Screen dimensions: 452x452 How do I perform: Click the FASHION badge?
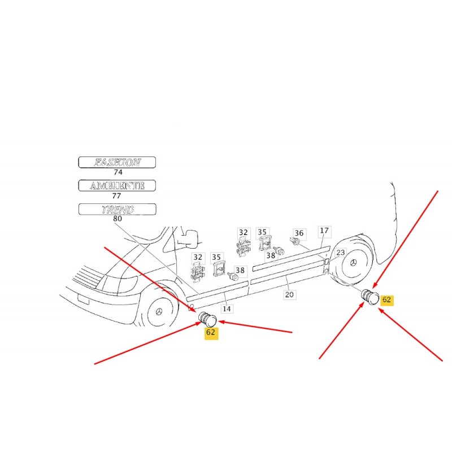coord(117,162)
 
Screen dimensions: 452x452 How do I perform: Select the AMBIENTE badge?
coord(117,186)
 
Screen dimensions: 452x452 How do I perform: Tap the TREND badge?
coord(118,209)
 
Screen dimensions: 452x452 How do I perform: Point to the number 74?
coord(118,172)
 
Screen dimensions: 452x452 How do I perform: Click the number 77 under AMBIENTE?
coord(116,195)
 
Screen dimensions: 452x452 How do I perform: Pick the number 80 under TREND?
coord(118,219)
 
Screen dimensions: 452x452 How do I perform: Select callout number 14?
coord(227,308)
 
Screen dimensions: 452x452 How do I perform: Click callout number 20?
coord(289,294)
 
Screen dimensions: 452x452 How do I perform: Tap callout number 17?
coord(324,231)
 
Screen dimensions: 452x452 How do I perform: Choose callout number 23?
coord(341,253)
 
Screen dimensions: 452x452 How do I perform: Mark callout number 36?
coord(299,233)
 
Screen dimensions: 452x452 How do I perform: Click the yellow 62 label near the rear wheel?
coord(386,300)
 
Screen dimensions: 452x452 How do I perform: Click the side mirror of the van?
coord(189,238)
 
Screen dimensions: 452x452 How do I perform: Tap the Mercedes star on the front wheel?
coord(159,312)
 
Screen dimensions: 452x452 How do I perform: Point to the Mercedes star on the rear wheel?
coord(353,263)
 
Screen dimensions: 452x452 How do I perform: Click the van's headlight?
coord(118,282)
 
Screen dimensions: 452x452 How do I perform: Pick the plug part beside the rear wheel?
coord(370,297)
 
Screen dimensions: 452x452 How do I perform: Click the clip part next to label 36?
coord(295,241)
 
